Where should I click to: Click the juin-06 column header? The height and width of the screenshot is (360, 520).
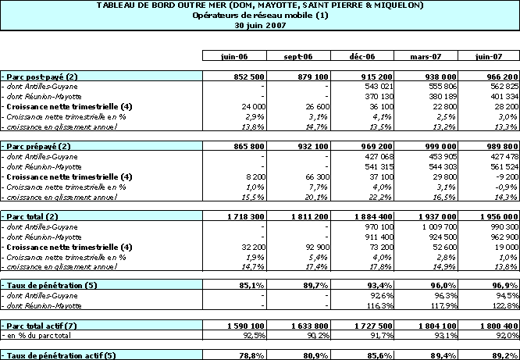tap(233, 57)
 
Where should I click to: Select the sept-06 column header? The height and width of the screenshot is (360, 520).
tap(297, 57)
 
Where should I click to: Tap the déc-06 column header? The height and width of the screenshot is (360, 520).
tap(363, 57)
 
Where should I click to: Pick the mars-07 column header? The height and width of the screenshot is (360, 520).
tap(426, 57)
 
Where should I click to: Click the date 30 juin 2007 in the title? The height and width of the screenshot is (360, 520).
tap(260, 26)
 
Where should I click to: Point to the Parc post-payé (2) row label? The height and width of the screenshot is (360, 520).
tap(40, 76)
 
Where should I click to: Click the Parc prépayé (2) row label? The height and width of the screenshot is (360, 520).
tap(39, 146)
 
